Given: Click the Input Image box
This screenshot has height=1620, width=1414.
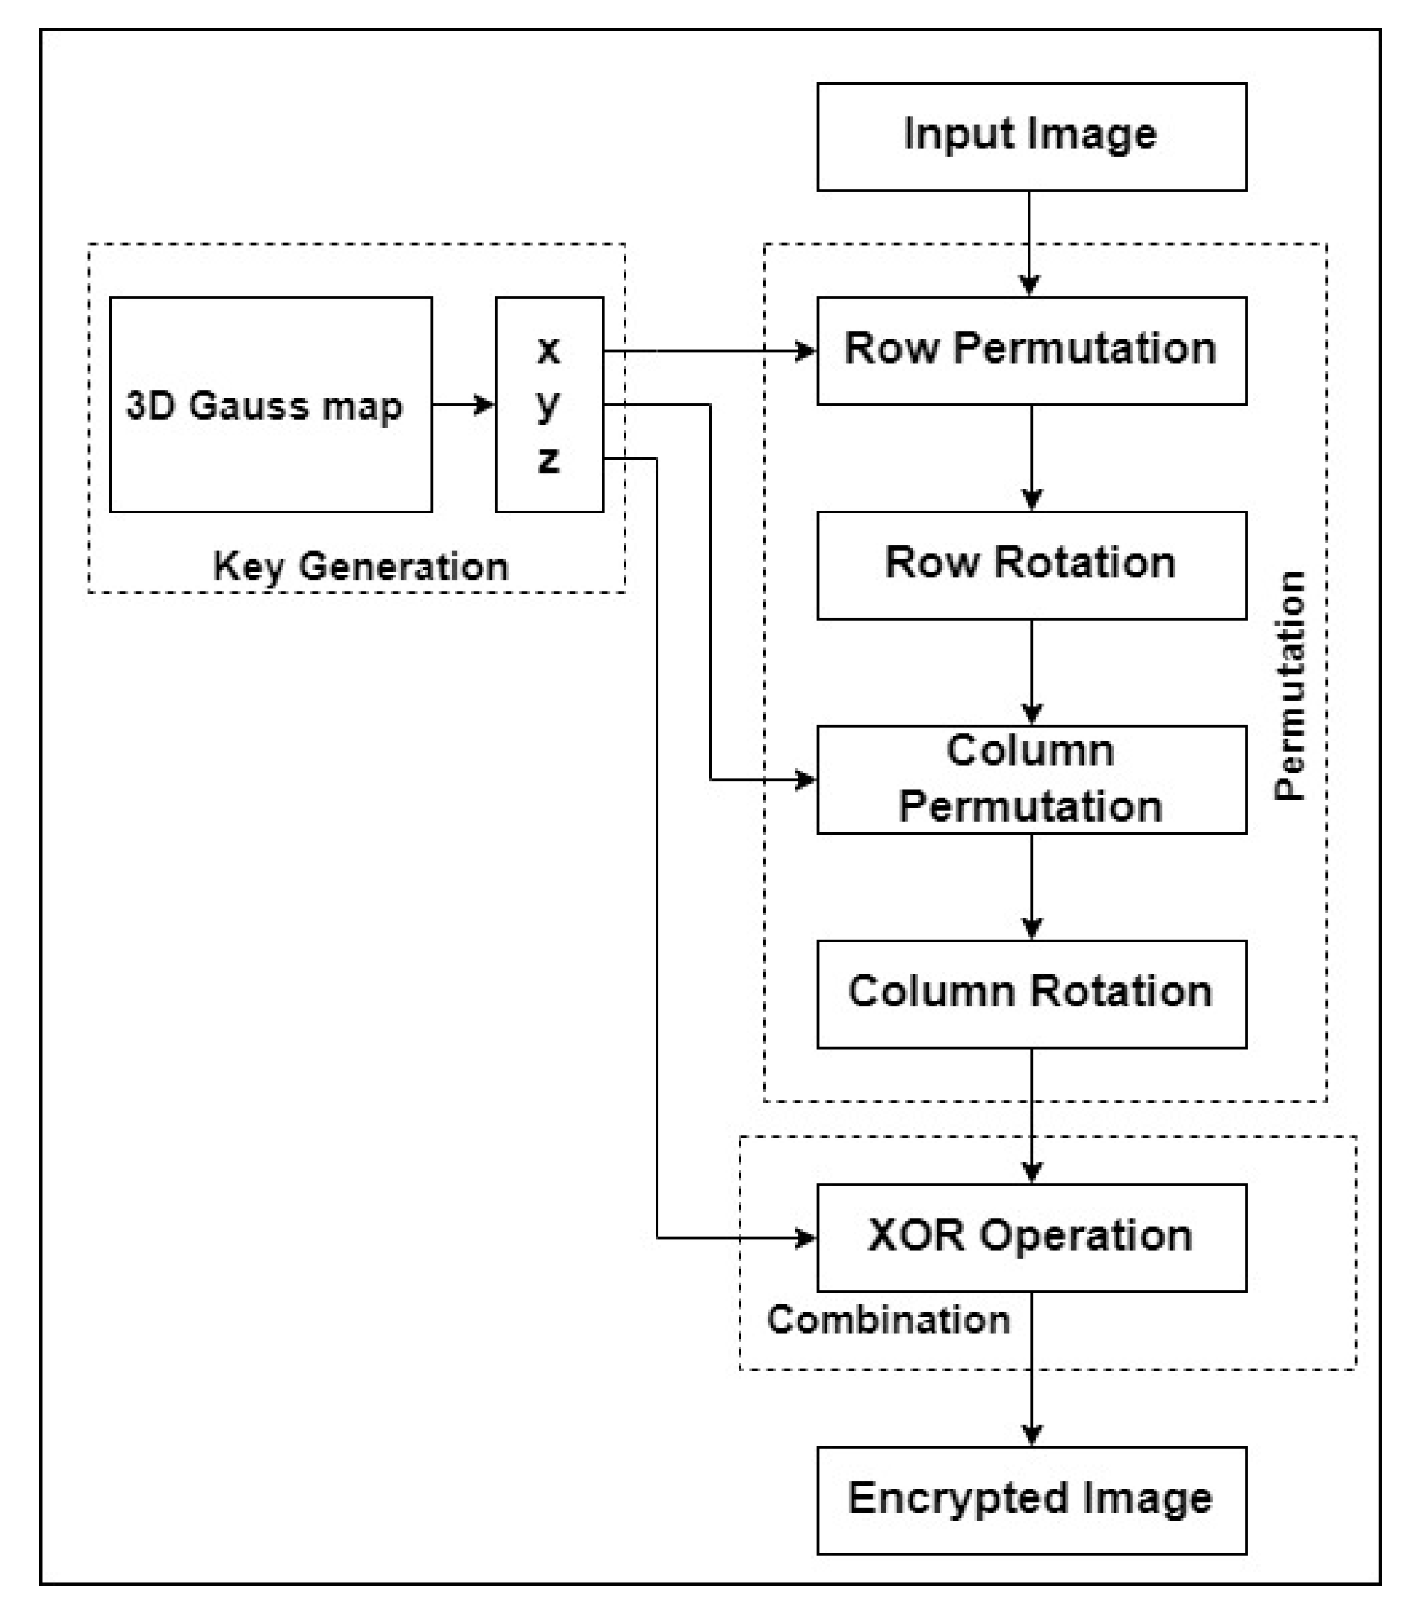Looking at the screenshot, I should [1031, 136].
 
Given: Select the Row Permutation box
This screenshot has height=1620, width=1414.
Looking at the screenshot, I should [1031, 350].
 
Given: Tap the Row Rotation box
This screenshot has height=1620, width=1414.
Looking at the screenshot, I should [1031, 565].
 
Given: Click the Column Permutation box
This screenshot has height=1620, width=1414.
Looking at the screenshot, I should [1031, 780].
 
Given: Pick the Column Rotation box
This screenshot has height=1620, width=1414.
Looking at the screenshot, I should [1031, 994].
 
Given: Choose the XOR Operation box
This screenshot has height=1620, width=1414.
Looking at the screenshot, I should [1031, 1237].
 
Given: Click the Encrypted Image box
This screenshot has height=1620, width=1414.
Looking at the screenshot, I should [1031, 1500].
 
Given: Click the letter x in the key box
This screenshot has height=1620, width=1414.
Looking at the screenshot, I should [549, 349].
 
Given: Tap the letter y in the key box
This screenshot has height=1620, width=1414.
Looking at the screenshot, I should [549, 405].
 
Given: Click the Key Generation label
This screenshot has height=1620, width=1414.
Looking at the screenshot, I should [361, 567].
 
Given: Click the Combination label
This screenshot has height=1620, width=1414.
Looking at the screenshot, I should [888, 1320].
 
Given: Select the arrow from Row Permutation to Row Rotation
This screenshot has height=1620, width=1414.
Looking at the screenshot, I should [1032, 457].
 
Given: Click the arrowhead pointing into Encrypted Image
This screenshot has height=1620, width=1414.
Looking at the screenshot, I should [1032, 1433].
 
